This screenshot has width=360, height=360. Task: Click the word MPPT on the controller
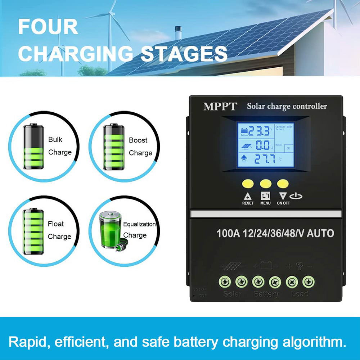tap(220, 107)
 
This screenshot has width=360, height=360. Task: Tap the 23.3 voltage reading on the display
tap(258, 131)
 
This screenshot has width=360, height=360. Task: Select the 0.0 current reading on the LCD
tap(262, 145)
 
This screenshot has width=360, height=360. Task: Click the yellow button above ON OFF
tap(283, 184)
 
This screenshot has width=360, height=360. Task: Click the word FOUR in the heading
tap(48, 27)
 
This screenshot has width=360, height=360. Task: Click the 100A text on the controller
tap(228, 233)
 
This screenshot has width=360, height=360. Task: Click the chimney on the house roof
tap(178, 33)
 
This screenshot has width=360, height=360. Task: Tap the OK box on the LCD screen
tap(288, 148)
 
